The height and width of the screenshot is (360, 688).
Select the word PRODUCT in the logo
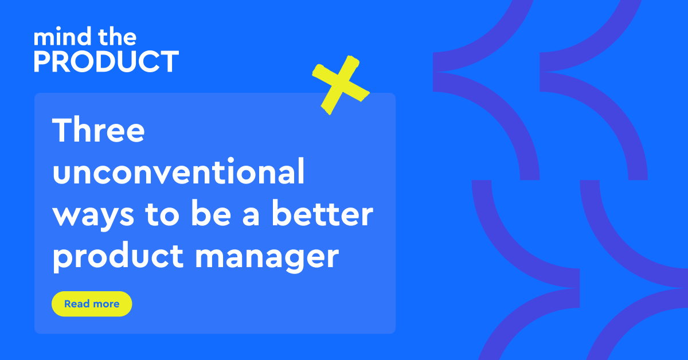coord(106,61)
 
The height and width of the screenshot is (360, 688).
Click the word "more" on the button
coord(105,304)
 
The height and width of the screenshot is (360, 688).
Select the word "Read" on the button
coord(77,304)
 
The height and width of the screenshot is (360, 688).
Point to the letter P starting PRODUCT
coord(42,61)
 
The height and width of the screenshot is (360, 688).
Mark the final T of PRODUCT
coord(169,61)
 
